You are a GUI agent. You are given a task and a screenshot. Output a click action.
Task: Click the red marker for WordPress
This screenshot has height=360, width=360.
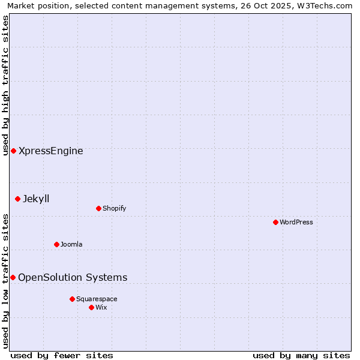pos(275,222)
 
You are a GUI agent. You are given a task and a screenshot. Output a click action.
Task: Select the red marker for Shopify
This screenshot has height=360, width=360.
pos(98,208)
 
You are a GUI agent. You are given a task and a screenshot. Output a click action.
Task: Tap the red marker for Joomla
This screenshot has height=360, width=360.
pos(56,244)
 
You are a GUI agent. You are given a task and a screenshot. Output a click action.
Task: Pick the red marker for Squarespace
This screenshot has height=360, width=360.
pos(72,299)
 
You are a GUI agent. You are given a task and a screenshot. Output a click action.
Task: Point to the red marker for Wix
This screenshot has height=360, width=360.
pos(91,307)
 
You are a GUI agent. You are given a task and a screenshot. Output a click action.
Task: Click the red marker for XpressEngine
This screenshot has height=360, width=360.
pos(13,151)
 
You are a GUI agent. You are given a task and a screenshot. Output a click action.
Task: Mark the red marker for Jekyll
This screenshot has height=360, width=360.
pos(17,199)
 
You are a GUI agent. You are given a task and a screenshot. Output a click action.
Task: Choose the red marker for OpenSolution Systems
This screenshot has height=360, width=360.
pos(13,277)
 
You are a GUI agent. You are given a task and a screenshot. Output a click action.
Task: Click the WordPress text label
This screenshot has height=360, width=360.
pos(296,222)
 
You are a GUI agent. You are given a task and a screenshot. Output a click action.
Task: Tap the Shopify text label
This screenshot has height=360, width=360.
pos(114,208)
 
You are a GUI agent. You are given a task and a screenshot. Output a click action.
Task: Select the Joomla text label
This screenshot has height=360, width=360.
pos(71,244)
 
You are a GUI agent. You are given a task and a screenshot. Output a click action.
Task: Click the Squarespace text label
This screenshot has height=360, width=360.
pos(97,299)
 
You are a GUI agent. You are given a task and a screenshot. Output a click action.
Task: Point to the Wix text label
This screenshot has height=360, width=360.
pos(101,307)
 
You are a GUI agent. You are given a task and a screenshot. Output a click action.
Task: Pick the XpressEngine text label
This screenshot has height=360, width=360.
pos(51,151)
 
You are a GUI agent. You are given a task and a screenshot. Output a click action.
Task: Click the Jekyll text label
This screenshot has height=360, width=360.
pos(36,199)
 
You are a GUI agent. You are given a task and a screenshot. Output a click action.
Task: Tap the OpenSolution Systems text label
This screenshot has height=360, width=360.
pos(73,277)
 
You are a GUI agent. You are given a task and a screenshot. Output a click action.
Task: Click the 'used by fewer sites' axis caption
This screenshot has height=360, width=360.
pos(62,355)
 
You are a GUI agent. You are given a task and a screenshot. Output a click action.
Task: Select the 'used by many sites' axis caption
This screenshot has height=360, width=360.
pos(301,355)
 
